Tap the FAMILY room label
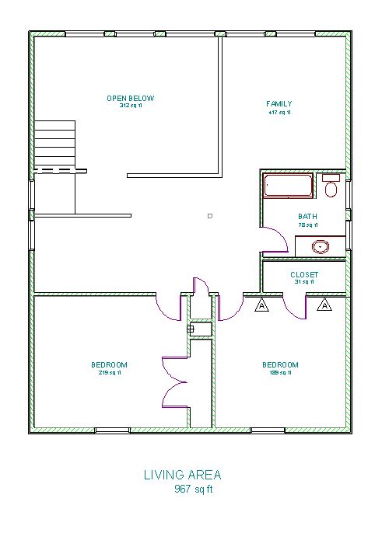[x=279, y=103]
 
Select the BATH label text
[x=307, y=217]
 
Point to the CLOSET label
[x=303, y=274]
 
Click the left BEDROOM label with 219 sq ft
[x=109, y=364]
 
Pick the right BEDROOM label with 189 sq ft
[x=279, y=364]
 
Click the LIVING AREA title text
[x=182, y=474]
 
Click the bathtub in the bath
[x=287, y=186]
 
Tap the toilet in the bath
[x=331, y=186]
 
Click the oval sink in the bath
[x=320, y=247]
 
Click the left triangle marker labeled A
[x=261, y=305]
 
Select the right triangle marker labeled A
[x=324, y=305]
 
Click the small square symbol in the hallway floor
[x=209, y=215]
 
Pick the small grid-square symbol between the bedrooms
[x=190, y=329]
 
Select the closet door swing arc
[x=294, y=309]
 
